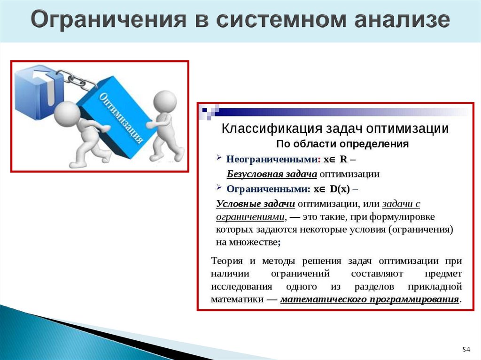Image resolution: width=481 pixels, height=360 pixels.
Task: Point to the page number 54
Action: [466, 350]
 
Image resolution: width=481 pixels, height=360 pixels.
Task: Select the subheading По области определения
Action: [342, 144]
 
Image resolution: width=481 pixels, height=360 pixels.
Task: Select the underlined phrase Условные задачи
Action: [256, 204]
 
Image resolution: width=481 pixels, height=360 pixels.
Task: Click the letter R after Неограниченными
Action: [344, 160]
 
